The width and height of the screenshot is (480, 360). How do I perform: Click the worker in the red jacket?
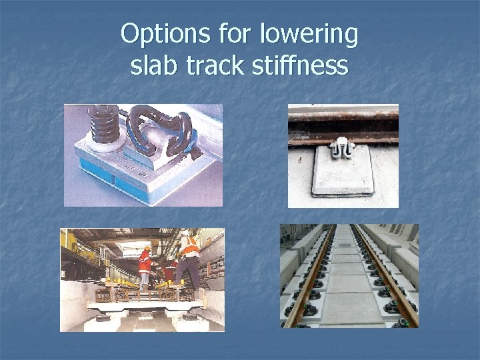click(145, 265)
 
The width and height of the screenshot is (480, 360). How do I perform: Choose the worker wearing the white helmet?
click(171, 267)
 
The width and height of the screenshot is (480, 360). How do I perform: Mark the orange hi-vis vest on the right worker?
click(191, 247)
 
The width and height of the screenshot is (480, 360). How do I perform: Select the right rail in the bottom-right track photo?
click(389, 287)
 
